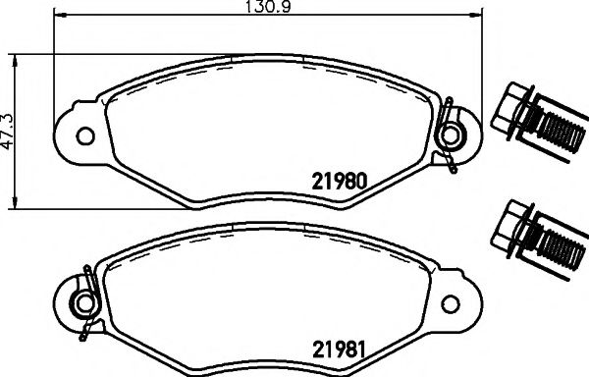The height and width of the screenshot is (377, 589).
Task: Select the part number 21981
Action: (x=339, y=349)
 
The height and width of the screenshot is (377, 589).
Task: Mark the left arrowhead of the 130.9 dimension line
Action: (x=56, y=17)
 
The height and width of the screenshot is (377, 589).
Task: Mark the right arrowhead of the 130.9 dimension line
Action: (x=479, y=17)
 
